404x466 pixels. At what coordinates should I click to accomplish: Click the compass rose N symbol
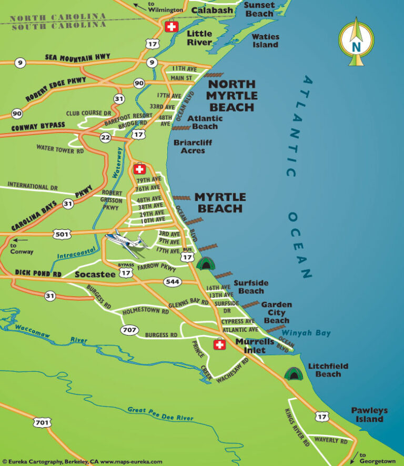tap(357, 45)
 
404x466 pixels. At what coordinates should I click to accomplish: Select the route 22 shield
tap(105, 137)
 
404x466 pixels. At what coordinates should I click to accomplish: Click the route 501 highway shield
tap(62, 233)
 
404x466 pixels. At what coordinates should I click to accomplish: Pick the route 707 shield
tap(129, 330)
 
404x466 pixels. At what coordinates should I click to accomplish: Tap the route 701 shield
tap(42, 422)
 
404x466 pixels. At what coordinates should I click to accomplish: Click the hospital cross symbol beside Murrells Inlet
tap(219, 345)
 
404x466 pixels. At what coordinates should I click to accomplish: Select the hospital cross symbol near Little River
tap(171, 27)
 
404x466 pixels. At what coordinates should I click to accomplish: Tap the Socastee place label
tap(95, 275)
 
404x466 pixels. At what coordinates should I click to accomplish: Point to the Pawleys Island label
tap(369, 414)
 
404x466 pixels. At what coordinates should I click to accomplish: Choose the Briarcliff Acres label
tap(193, 146)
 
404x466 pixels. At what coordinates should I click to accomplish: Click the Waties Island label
tap(265, 40)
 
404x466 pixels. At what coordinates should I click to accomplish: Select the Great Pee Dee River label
tap(160, 413)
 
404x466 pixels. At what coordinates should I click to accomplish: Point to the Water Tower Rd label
tap(60, 149)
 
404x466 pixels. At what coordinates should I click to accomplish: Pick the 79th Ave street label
tap(148, 180)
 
